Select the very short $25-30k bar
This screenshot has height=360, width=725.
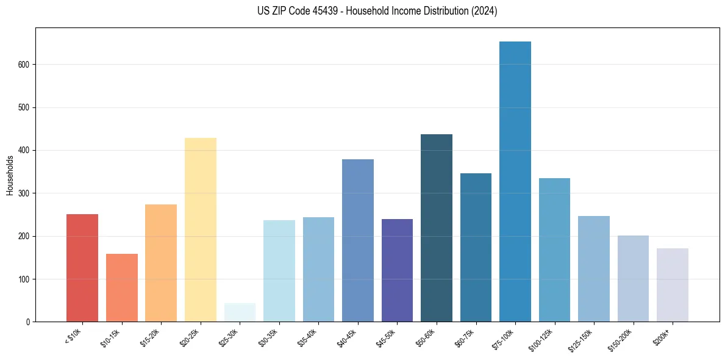pyautogui.click(x=240, y=312)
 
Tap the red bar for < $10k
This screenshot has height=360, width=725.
pyautogui.click(x=82, y=268)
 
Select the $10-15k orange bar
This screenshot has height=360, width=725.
pyautogui.click(x=122, y=287)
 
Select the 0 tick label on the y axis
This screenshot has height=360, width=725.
pyautogui.click(x=28, y=322)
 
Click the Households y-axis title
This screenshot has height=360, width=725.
pyautogui.click(x=10, y=175)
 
